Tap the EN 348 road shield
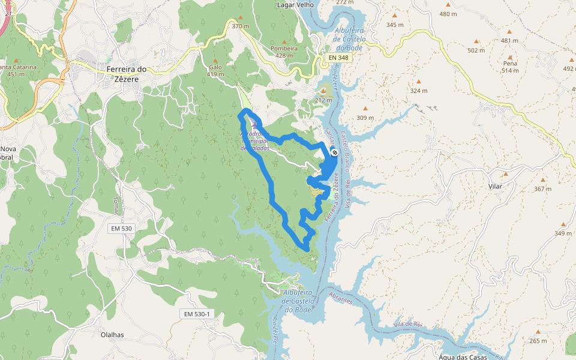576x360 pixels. coord(339,57)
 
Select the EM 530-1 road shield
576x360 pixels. coord(197,314)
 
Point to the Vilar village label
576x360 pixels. coord(495,187)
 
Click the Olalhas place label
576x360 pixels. coord(112,335)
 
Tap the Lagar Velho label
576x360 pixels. coord(295,5)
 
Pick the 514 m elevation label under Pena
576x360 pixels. coord(510,70)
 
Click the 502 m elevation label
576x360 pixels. coord(476,50)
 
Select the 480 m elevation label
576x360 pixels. coord(448,14)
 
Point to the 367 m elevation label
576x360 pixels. coord(542,189)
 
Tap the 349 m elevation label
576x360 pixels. coord(563,233)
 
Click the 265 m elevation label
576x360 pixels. coord(538,341)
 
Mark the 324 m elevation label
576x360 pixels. coord(418,91)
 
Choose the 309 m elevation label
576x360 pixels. coord(365,118)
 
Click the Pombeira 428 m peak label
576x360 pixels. coord(284,52)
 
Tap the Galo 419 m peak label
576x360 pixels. coord(215,71)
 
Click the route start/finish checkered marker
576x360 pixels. coord(334,152)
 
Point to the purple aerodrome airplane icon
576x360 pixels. coord(245,124)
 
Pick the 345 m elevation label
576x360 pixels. coord(395,25)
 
